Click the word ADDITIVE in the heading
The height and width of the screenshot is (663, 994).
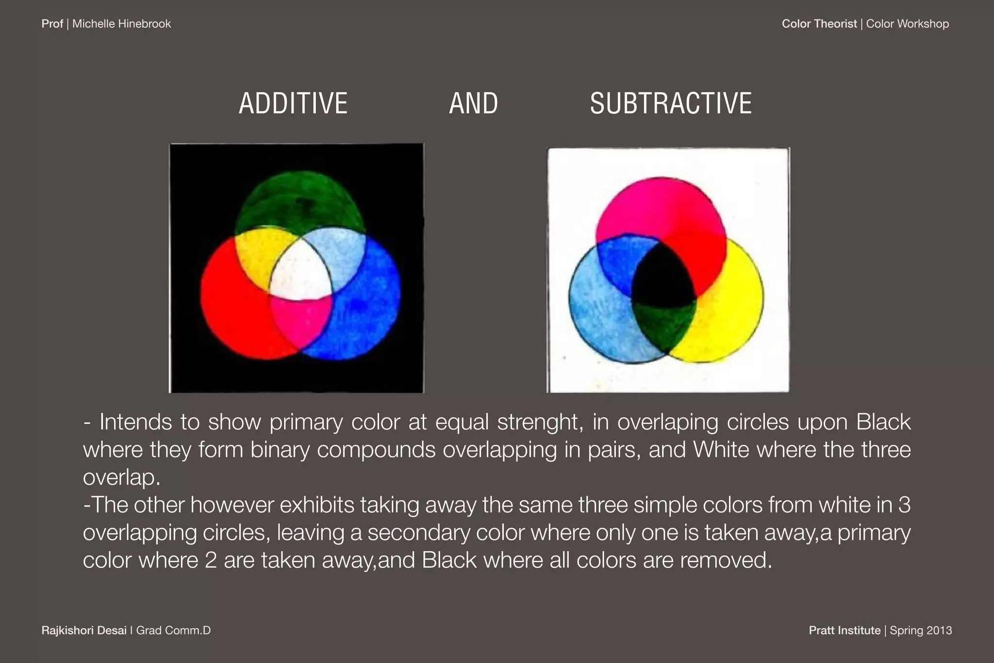[293, 103]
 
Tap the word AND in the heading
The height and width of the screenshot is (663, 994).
[473, 103]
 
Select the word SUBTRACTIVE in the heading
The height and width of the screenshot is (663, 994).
[671, 103]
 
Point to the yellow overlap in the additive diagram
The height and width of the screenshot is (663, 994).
[257, 257]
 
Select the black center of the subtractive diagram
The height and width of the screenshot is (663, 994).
[663, 279]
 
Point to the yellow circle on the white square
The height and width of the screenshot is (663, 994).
[728, 311]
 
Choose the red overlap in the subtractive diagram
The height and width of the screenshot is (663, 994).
[699, 257]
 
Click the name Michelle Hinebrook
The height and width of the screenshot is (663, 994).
[121, 24]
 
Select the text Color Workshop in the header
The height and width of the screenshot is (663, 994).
[907, 24]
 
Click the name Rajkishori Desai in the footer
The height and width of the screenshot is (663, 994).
[84, 630]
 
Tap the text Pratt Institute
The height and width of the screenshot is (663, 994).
[845, 630]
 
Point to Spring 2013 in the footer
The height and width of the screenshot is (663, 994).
[921, 630]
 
